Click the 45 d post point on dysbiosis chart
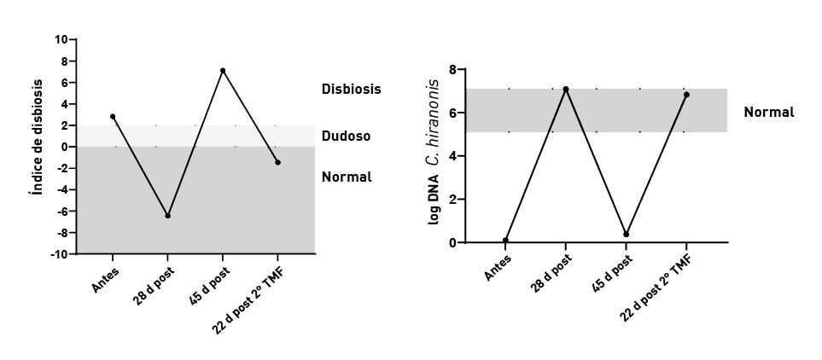tap(223, 70)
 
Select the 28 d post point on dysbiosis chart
tap(167, 216)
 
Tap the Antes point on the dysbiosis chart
tap(113, 116)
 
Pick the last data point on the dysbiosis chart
tap(277, 162)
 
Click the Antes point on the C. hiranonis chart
tap(506, 240)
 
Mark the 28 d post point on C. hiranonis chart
tap(566, 89)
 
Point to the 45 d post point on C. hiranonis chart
tap(627, 234)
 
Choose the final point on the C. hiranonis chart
tap(686, 95)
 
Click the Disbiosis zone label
tap(351, 89)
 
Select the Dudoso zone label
tap(346, 135)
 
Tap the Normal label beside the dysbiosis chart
tap(347, 177)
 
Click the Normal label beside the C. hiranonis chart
tap(768, 112)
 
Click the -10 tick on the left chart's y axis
tap(60, 254)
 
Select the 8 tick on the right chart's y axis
tap(452, 69)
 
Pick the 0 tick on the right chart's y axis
tap(452, 243)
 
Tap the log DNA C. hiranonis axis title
tap(434, 153)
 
